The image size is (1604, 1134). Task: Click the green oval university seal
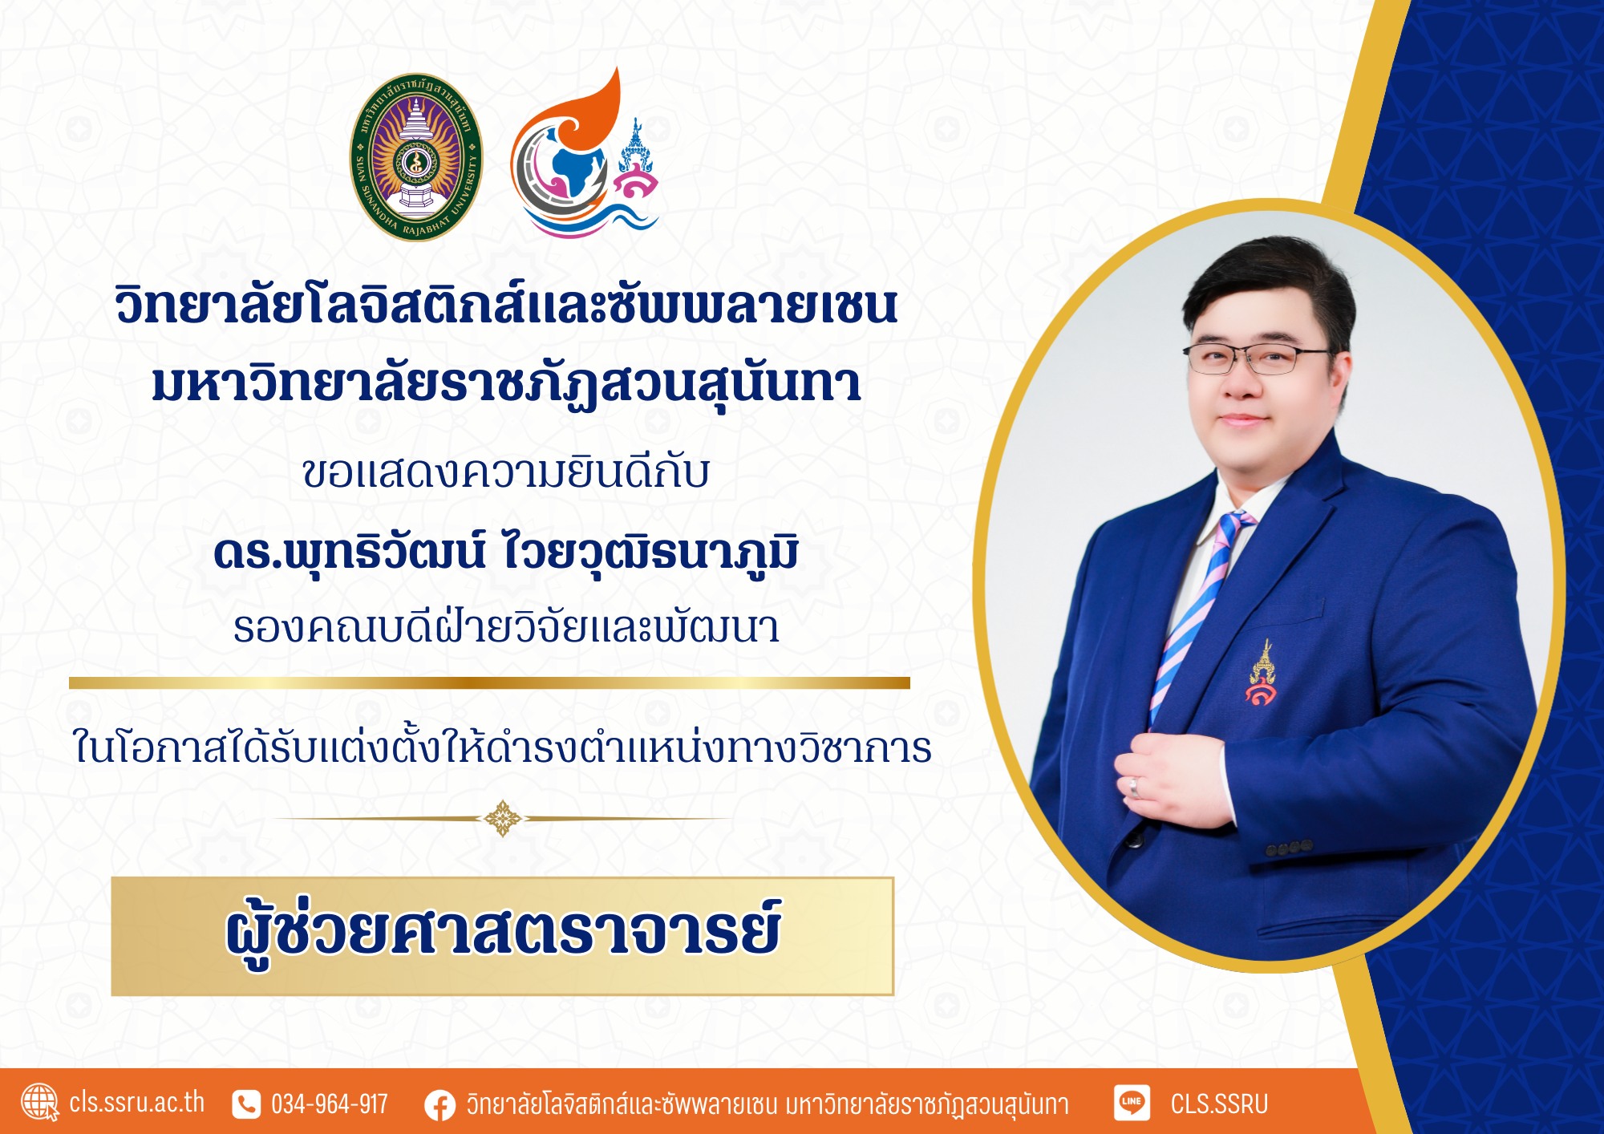click(416, 157)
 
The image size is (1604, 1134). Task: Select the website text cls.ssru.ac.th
click(136, 1103)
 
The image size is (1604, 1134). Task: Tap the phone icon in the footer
click(246, 1104)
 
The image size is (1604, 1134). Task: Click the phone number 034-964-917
click(330, 1104)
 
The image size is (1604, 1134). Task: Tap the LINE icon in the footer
click(1132, 1102)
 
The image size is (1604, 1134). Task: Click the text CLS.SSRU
click(1219, 1104)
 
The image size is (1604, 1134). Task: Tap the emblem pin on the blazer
click(1262, 674)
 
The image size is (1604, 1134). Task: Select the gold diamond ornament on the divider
click(502, 818)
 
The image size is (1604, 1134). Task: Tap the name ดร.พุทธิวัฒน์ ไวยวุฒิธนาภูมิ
click(505, 553)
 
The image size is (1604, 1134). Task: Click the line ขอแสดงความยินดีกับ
click(506, 472)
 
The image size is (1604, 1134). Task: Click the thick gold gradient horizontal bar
click(489, 682)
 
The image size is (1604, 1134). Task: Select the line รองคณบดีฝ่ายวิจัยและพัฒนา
click(506, 626)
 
